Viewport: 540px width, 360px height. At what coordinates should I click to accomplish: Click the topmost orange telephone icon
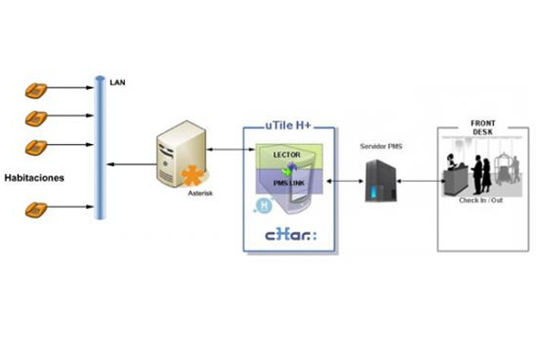click(x=37, y=90)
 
